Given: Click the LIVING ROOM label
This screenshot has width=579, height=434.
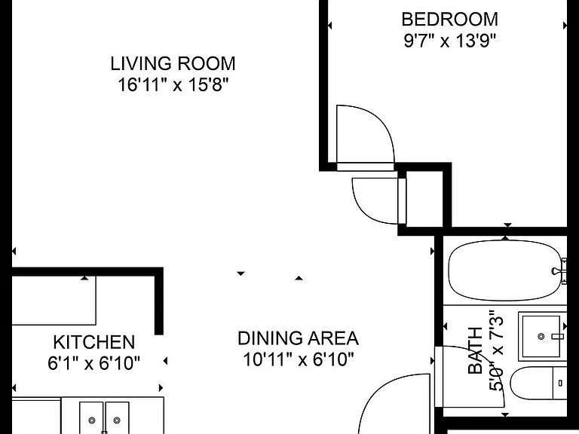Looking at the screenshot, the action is coord(173,63).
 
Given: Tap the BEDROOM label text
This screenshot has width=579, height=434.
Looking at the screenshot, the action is coord(450,19).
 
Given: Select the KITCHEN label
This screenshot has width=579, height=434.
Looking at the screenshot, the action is coord(93,342).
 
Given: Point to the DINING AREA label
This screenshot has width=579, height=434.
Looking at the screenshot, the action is coord(298,338).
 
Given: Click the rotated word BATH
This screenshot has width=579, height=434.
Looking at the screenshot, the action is coord(475,350).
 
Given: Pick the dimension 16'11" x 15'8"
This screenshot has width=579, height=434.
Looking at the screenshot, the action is coord(173,84).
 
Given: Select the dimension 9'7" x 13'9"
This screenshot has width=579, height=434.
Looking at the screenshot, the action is coord(450,40).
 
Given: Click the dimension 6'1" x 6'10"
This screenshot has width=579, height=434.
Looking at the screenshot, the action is coord(93,363).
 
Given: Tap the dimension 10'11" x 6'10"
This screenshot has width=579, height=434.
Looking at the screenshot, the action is coord(299,359).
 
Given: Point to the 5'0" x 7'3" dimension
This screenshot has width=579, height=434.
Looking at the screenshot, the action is coord(496,353).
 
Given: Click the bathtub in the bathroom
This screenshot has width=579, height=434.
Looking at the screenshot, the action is coord(506,270).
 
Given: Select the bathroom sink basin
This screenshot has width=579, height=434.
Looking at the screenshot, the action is coord(541,336).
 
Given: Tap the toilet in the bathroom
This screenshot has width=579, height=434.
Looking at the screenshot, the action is coord(538,383).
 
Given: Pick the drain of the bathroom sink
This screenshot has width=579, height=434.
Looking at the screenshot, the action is coord(541,336).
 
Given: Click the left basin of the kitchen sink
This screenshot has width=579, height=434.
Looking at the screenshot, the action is coord(92,417).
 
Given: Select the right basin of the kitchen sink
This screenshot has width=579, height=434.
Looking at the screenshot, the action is coord(117,417).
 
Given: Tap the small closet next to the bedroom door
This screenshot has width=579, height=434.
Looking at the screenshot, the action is coord(424,199).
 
